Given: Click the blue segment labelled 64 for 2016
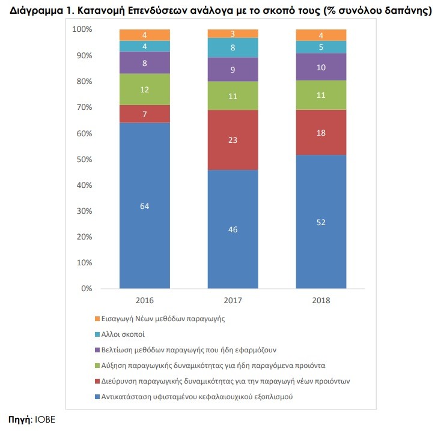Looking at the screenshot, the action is tap(145, 205).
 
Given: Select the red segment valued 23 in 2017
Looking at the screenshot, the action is tap(233, 140).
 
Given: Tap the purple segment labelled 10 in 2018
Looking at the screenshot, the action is tap(321, 67).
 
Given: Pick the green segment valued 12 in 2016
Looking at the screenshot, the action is tap(145, 89).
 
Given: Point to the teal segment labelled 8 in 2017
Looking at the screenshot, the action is tap(233, 47).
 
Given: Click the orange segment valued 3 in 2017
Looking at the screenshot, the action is tap(233, 34).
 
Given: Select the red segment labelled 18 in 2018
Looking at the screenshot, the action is tap(321, 132).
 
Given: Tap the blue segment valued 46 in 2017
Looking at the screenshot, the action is tap(233, 229).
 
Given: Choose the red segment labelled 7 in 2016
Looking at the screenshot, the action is tap(145, 113).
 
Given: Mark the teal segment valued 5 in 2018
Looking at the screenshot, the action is tap(321, 47).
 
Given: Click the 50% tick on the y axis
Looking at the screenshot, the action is tap(84, 159).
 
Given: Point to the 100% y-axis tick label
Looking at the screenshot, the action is tap(82, 29).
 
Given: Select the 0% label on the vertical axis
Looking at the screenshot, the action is tap(87, 289).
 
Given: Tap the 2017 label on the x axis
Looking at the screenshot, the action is tap(233, 301).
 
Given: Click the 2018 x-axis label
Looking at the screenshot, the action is tap(321, 301).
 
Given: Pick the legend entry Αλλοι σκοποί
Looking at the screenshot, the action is tap(120, 334).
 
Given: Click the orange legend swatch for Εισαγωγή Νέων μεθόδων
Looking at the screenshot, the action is tap(97, 319).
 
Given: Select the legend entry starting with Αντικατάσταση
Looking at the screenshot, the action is tap(193, 397).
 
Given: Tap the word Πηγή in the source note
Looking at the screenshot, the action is tap(19, 419).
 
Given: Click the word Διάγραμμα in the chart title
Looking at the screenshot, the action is tap(35, 11).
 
